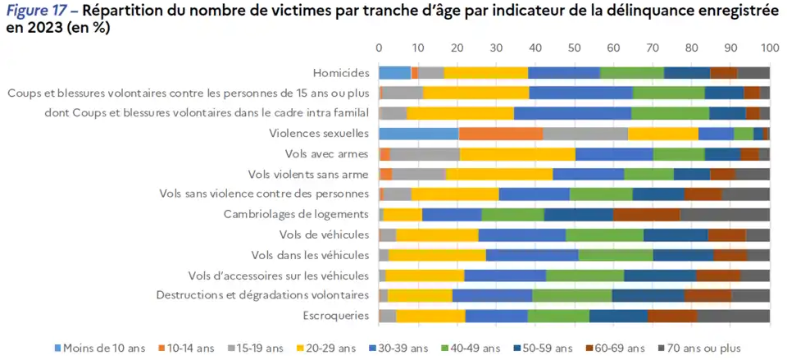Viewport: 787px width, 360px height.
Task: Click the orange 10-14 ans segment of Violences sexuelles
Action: point(501,134)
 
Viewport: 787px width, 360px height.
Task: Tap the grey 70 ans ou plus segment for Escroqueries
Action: point(733,316)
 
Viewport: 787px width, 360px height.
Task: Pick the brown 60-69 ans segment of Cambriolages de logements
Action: point(646,214)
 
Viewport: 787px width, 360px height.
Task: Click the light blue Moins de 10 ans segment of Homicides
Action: point(394,73)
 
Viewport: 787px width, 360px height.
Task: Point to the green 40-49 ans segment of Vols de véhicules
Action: point(604,235)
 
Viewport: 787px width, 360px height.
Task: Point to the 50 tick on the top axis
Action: point(574,47)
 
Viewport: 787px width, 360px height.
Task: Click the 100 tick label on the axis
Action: point(768,47)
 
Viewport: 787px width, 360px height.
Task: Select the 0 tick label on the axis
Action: point(379,47)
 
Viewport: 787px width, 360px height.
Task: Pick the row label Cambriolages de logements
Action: point(296,214)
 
